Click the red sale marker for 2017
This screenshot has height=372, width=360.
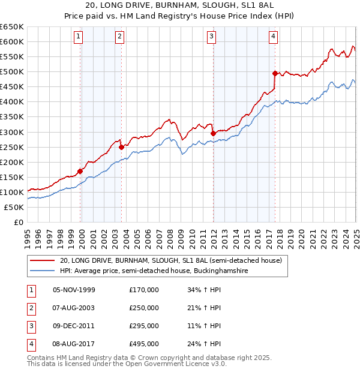[x=274, y=73]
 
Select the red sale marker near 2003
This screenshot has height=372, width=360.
[x=121, y=146]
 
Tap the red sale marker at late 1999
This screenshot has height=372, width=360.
[x=80, y=170]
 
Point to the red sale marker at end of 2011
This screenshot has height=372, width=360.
[x=213, y=133]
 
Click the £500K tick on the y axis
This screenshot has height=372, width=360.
[x=12, y=72]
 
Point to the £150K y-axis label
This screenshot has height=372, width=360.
[x=12, y=177]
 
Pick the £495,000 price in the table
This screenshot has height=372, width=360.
[x=144, y=344]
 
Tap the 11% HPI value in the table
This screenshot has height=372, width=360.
[x=204, y=326]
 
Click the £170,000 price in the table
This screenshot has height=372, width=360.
[x=144, y=290]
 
